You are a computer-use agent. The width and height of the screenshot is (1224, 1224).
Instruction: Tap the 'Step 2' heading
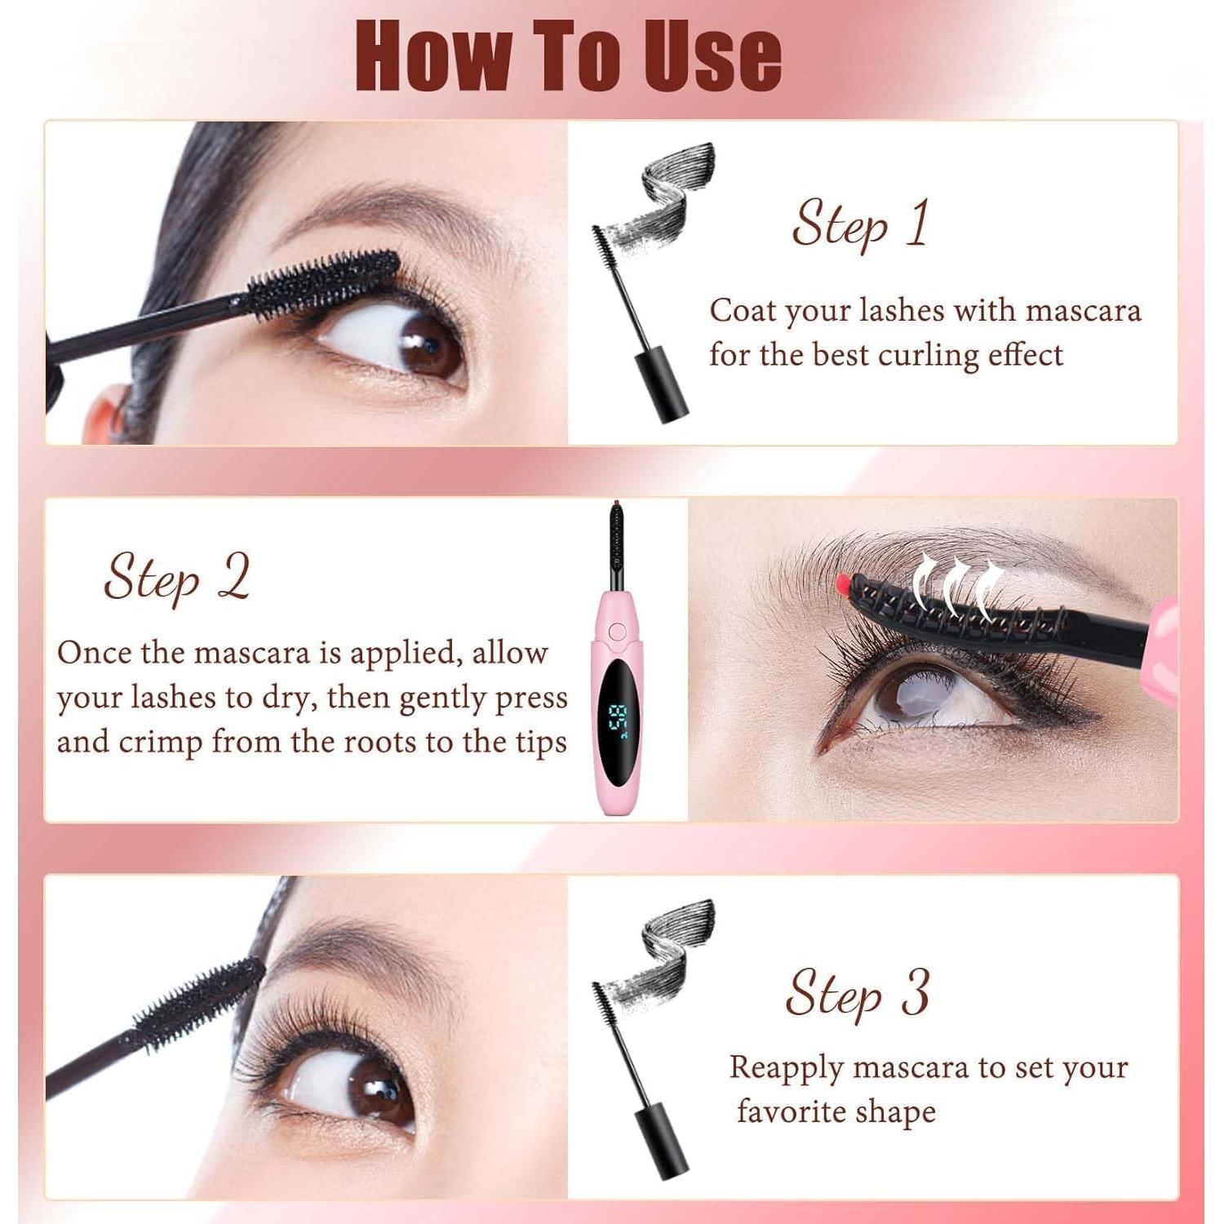(x=176, y=578)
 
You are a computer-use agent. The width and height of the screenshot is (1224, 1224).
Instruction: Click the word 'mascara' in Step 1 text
(x=1083, y=311)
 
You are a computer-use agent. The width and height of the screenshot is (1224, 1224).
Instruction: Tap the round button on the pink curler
(x=618, y=632)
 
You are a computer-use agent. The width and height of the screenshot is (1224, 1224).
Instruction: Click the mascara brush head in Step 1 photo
(x=324, y=282)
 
